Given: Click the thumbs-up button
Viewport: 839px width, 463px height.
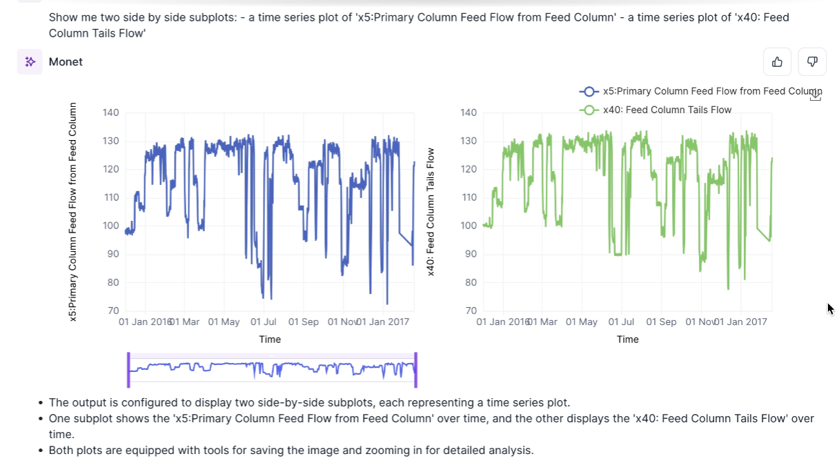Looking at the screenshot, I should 777,62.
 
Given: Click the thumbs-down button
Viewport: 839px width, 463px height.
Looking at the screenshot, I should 812,62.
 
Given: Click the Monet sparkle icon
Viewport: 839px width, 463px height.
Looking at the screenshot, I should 30,62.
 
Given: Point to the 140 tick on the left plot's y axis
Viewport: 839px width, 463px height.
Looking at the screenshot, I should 110,112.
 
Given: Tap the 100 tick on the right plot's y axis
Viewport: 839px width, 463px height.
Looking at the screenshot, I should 468,226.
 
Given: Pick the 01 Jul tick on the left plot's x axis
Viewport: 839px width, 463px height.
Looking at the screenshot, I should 264,322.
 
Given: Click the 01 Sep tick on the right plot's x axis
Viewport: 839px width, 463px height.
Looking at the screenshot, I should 662,322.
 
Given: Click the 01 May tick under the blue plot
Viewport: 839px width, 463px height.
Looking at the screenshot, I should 224,322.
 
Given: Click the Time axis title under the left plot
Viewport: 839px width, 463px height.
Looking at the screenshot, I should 270,339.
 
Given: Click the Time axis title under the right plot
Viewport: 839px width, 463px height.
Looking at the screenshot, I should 627,339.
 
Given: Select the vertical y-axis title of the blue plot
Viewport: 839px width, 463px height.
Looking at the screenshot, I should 73,212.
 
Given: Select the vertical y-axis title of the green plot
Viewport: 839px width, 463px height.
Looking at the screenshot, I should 431,212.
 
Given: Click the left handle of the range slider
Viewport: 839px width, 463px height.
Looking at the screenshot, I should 128,370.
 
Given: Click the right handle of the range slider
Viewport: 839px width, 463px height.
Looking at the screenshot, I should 416,370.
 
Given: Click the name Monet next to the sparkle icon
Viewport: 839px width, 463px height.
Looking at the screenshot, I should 66,62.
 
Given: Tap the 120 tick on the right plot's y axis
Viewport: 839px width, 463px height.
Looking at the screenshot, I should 468,169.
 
